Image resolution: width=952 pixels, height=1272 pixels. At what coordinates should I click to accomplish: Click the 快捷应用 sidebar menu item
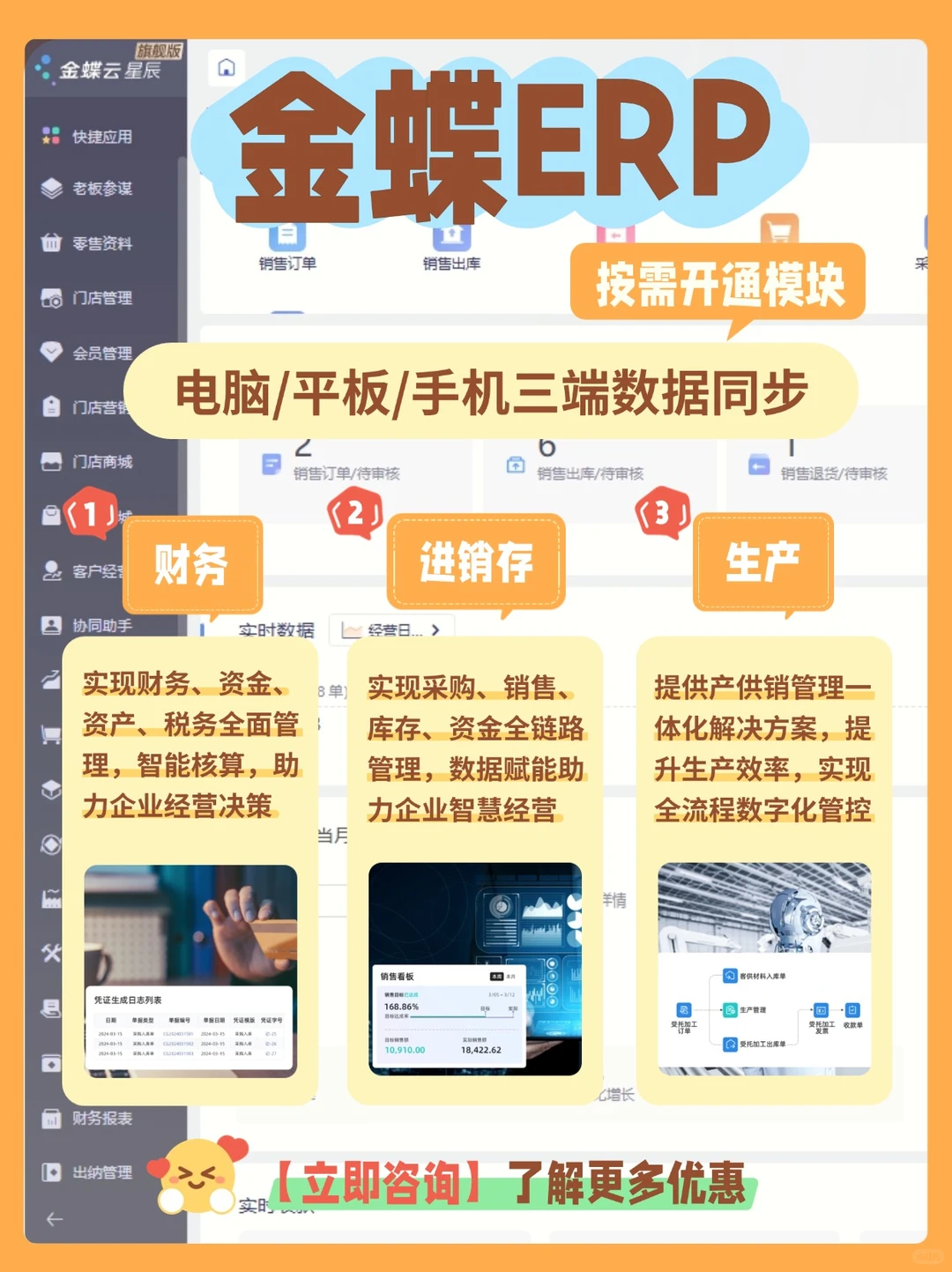coord(100,137)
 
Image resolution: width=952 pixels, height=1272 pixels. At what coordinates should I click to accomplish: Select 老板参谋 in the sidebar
coord(100,189)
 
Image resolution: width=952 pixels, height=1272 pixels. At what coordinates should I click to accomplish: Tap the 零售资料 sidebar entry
coord(100,243)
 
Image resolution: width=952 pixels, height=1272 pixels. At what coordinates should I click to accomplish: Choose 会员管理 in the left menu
coord(100,353)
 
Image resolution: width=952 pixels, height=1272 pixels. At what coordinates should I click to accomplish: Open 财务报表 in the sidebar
coord(100,1118)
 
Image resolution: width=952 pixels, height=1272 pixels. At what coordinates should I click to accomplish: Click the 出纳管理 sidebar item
coord(100,1172)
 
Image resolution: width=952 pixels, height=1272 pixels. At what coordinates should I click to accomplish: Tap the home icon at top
coord(227,67)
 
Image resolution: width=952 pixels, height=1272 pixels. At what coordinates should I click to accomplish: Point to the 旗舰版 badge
coord(159,51)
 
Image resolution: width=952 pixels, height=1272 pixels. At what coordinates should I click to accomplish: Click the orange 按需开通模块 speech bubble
coord(718,284)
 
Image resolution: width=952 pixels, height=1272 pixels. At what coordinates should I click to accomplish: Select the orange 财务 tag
coord(191,564)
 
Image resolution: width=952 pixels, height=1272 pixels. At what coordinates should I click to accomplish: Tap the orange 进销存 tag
coord(476,562)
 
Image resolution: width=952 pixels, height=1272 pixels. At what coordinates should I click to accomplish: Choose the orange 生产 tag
coord(762,562)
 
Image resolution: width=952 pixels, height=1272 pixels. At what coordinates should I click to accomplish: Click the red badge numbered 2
coord(354,513)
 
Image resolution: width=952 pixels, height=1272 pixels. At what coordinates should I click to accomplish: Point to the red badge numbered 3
coord(662,513)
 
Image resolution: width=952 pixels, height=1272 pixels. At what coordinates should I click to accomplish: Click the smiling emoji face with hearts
coord(197,1173)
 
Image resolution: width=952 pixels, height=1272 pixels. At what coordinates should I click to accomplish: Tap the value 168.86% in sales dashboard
coord(401,1007)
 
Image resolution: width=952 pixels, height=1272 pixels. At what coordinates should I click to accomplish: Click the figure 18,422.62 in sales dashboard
coord(480,1050)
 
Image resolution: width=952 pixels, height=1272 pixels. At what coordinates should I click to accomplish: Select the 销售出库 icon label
coord(451,264)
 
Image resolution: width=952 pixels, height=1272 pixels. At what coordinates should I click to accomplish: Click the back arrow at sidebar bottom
coord(55,1219)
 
